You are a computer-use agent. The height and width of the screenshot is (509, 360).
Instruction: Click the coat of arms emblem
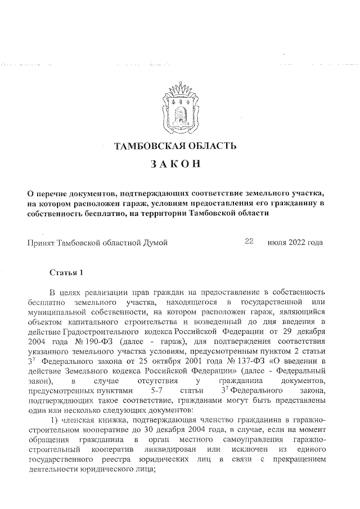pos(180,107)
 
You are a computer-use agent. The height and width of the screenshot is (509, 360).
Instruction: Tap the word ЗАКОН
pos(175,165)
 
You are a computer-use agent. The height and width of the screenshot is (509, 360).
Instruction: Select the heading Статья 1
pos(66,273)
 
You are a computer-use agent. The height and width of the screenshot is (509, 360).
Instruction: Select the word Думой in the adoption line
pos(154,243)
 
